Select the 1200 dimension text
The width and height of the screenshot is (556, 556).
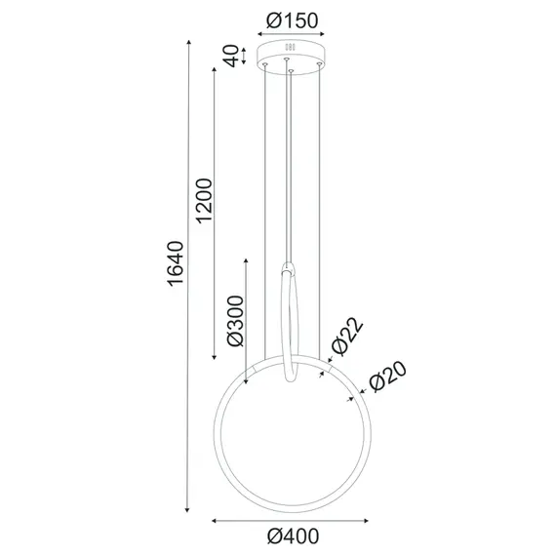(x=203, y=201)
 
